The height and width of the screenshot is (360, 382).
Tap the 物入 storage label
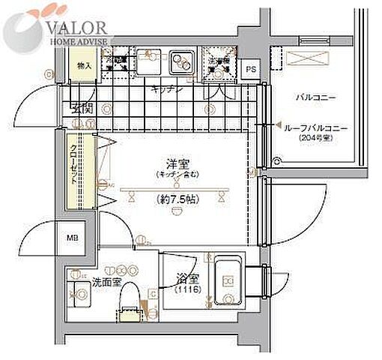point(85,66)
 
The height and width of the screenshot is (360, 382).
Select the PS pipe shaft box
point(252,68)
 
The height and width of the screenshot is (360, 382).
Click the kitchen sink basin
point(179,62)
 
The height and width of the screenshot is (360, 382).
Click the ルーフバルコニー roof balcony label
point(315,129)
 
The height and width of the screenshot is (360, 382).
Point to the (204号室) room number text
point(315,139)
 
